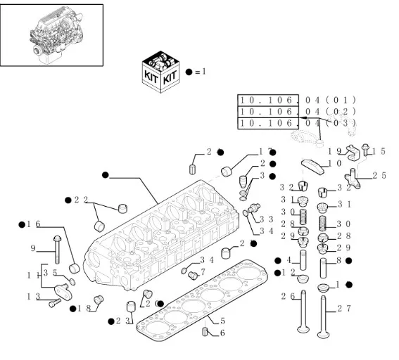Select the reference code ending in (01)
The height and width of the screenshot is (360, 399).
[x=297, y=100]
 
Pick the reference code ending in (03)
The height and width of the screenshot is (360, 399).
[x=297, y=123]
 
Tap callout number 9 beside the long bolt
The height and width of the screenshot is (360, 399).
[x=32, y=248]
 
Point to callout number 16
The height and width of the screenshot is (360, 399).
[x=33, y=224]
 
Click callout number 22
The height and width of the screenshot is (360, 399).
[x=80, y=200]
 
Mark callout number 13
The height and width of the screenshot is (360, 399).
[x=32, y=297]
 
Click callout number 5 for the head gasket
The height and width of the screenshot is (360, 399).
[x=222, y=321]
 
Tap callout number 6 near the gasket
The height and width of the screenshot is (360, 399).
[x=222, y=333]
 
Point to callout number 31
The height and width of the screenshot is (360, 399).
[x=343, y=205]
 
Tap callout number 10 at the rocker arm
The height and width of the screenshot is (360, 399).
[x=335, y=163]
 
